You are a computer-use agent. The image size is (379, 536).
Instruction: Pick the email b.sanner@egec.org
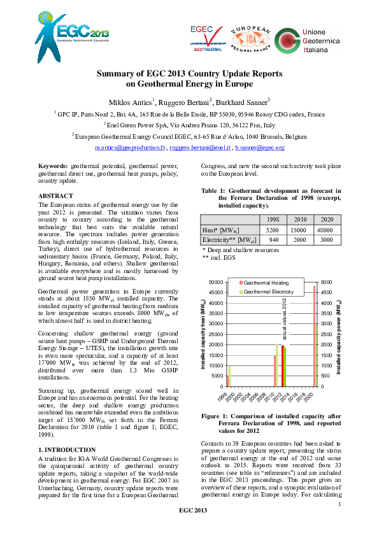pyautogui.click(x=259, y=148)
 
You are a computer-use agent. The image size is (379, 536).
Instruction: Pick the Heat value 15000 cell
pyautogui.click(x=299, y=229)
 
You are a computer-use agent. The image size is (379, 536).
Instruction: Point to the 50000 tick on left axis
pyautogui.click(x=216, y=282)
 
